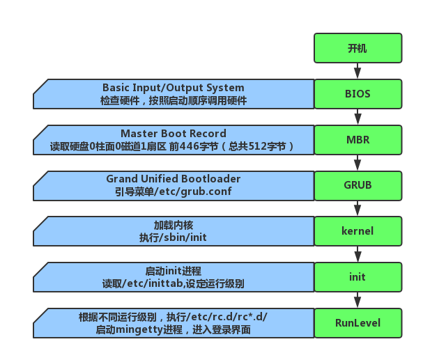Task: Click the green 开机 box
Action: pyautogui.click(x=357, y=48)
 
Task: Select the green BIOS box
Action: pyautogui.click(x=357, y=94)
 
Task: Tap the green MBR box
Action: pyautogui.click(x=357, y=139)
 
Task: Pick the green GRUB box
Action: pyautogui.click(x=357, y=185)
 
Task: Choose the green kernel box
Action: pyautogui.click(x=357, y=231)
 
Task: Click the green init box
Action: pyautogui.click(x=357, y=277)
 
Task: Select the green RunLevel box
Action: pyautogui.click(x=357, y=322)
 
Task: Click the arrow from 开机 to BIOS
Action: pyautogui.click(x=357, y=71)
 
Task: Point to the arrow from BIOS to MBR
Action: pyautogui.click(x=357, y=117)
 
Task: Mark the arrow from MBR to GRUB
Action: pyautogui.click(x=357, y=163)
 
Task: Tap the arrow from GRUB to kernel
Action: pyautogui.click(x=357, y=208)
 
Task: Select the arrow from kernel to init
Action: pyautogui.click(x=357, y=254)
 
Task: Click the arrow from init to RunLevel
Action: pyautogui.click(x=357, y=300)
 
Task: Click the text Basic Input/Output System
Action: pyautogui.click(x=174, y=88)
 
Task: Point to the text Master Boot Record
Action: pyautogui.click(x=174, y=134)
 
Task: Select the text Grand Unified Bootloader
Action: pyautogui.click(x=174, y=179)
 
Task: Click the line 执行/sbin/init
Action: pyautogui.click(x=174, y=237)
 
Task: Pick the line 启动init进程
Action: pyautogui.click(x=174, y=271)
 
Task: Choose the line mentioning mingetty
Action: pyautogui.click(x=174, y=329)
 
